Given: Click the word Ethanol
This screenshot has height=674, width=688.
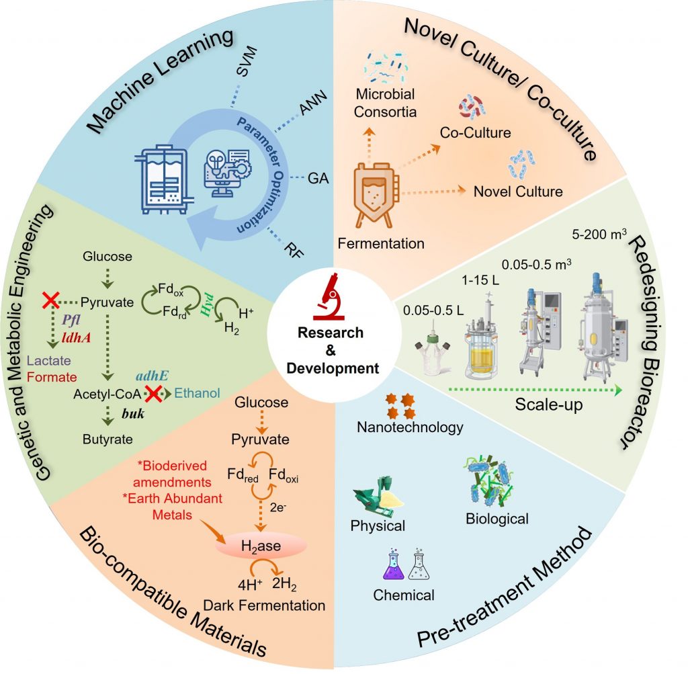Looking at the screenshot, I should click(x=204, y=393).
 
